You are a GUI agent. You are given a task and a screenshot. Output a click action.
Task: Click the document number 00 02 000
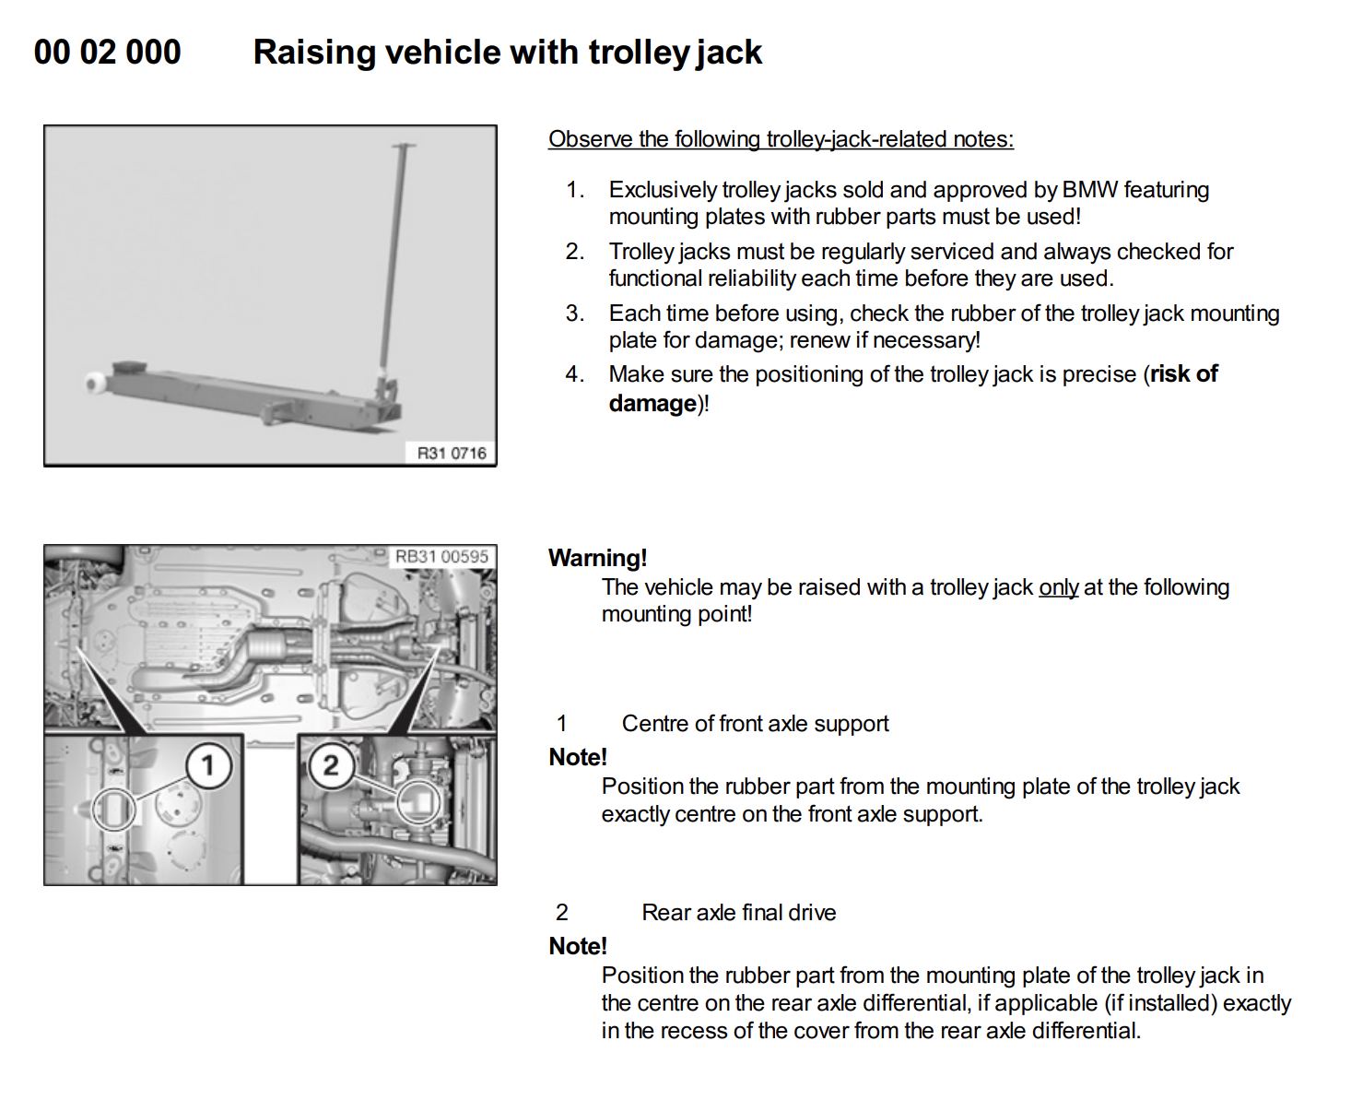click(108, 53)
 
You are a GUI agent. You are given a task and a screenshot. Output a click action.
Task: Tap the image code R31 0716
click(452, 453)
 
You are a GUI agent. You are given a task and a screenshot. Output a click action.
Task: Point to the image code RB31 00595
click(441, 556)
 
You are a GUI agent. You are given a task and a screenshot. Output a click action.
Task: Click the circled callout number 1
click(207, 764)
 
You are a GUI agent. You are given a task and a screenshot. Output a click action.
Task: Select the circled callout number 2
click(330, 764)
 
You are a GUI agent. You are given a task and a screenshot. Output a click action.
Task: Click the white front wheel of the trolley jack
click(95, 383)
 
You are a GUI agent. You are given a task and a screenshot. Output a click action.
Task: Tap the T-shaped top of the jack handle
click(404, 146)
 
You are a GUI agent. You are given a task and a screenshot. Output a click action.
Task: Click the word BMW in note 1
click(1090, 190)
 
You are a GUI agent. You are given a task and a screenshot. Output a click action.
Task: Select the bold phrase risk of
click(1184, 374)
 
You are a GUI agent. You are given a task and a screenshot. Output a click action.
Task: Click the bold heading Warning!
click(597, 558)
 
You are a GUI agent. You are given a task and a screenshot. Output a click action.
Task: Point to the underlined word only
click(1059, 587)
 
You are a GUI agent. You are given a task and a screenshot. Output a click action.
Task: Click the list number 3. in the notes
click(575, 313)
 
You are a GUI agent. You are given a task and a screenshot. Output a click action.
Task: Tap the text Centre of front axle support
click(755, 724)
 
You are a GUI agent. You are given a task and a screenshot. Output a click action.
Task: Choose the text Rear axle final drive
click(739, 913)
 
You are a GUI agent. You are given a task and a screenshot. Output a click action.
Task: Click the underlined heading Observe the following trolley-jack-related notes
click(781, 139)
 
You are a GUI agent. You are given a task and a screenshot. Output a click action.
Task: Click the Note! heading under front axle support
click(578, 757)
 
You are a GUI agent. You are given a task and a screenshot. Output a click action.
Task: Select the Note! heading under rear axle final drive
click(578, 946)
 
